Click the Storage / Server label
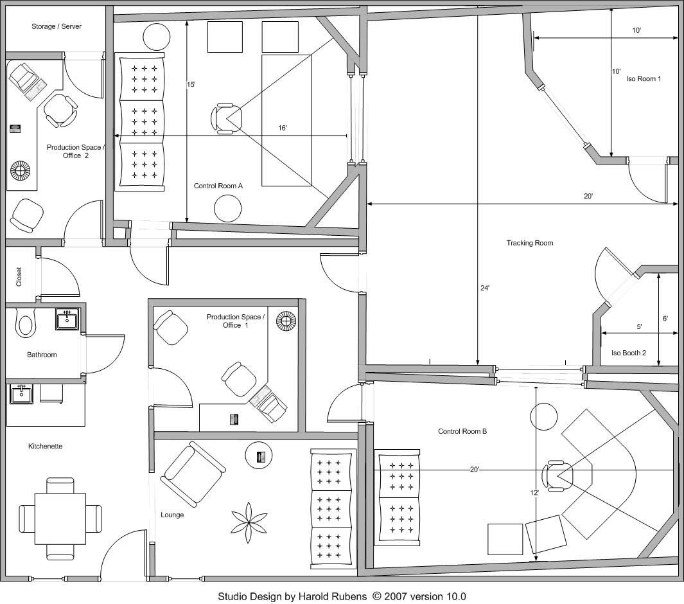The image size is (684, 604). (57, 26)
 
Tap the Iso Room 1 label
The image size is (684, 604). (644, 78)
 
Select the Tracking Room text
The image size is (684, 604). (529, 243)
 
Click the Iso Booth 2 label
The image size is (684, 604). (629, 353)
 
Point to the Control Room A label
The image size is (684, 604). (218, 186)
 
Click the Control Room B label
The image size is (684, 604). (462, 431)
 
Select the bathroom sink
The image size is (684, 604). (67, 319)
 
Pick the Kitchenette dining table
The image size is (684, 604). (60, 517)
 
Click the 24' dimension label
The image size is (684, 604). (484, 289)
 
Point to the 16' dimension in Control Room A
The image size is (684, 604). (283, 129)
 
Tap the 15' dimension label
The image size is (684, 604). (191, 84)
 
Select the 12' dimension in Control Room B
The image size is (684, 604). (534, 493)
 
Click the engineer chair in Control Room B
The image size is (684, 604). (555, 475)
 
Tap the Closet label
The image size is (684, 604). (19, 277)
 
